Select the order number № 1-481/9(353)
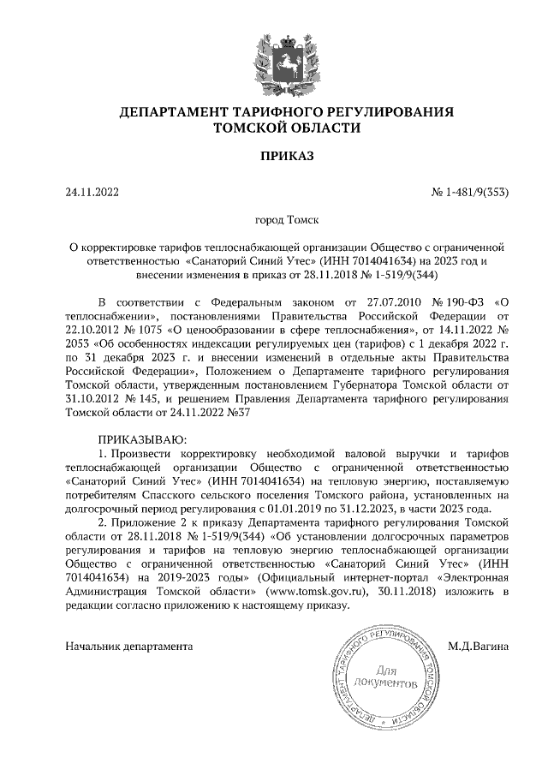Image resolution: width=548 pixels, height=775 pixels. (469, 192)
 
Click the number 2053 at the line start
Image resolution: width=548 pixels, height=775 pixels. (78, 356)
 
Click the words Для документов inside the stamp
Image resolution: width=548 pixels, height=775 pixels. (386, 677)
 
